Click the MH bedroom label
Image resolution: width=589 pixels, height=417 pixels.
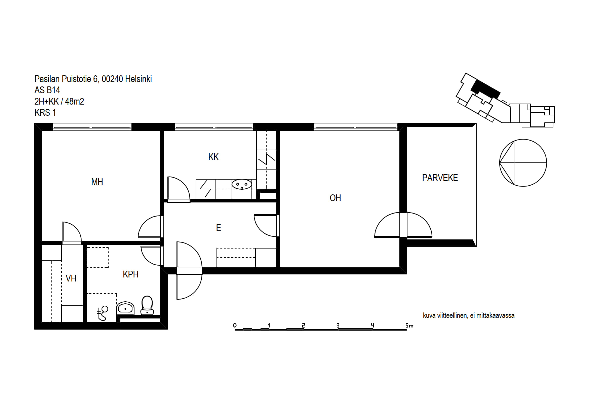pyautogui.click(x=97, y=182)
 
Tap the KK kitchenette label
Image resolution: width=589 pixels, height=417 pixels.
pyautogui.click(x=213, y=157)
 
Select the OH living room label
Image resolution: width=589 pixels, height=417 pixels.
pyautogui.click(x=335, y=198)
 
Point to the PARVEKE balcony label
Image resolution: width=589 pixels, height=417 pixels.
pyautogui.click(x=440, y=178)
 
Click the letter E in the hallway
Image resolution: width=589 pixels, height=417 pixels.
pyautogui.click(x=219, y=228)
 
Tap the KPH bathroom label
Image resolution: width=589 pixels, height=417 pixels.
pyautogui.click(x=130, y=274)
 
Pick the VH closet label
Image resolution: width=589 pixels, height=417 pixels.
pyautogui.click(x=71, y=278)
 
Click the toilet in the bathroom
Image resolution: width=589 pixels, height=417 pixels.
pyautogui.click(x=147, y=305)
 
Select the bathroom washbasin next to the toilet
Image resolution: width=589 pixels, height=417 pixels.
pyautogui.click(x=125, y=308)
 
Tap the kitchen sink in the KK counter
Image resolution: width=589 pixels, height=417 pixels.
pyautogui.click(x=242, y=184)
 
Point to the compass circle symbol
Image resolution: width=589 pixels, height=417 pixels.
pyautogui.click(x=523, y=163)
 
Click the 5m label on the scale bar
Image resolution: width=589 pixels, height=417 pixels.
pyautogui.click(x=409, y=326)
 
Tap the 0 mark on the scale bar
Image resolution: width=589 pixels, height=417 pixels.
pyautogui.click(x=235, y=325)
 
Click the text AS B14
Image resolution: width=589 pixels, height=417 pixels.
pyautogui.click(x=47, y=90)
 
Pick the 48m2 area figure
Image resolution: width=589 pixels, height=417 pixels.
pyautogui.click(x=74, y=102)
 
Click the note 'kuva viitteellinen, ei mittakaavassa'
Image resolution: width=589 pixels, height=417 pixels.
pyautogui.click(x=469, y=315)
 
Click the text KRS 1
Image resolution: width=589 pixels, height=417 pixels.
pyautogui.click(x=45, y=113)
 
